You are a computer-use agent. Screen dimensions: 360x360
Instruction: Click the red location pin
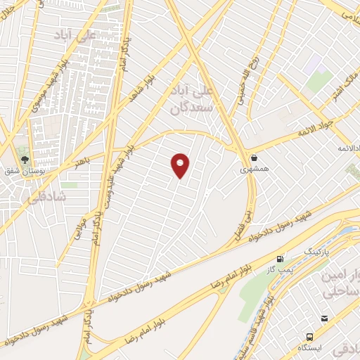pos(181,165)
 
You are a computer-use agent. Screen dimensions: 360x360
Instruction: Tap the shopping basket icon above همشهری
pos(253,157)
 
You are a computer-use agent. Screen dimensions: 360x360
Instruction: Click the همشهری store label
pos(253,169)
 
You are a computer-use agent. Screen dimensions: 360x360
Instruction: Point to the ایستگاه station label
pos(311,347)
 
